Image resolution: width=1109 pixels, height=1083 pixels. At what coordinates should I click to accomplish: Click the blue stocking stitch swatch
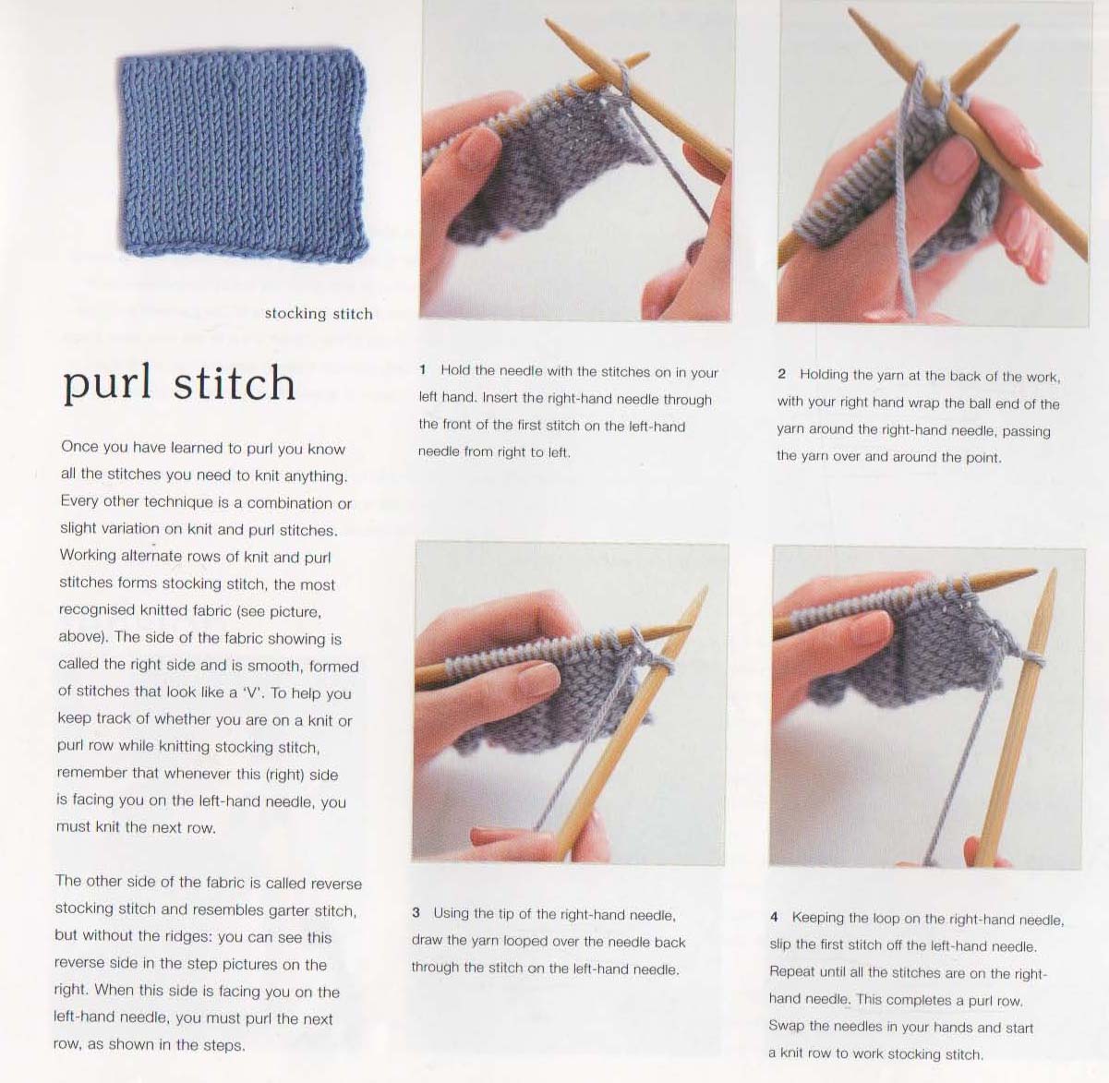(243, 155)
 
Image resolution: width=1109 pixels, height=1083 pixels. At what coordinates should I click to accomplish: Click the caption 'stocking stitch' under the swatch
(319, 313)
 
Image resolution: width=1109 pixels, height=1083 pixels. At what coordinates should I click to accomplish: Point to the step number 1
(422, 369)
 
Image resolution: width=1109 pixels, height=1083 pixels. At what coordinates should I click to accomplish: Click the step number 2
(781, 374)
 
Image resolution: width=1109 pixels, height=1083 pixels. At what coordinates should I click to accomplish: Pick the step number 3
(416, 912)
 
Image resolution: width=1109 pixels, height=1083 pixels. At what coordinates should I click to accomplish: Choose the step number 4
(774, 917)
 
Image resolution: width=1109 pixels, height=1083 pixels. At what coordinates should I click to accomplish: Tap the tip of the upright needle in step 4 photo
(1054, 570)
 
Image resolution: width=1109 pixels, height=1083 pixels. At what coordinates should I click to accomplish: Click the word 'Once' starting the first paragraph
(79, 447)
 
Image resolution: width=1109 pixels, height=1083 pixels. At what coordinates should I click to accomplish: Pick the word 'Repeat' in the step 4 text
(791, 972)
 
